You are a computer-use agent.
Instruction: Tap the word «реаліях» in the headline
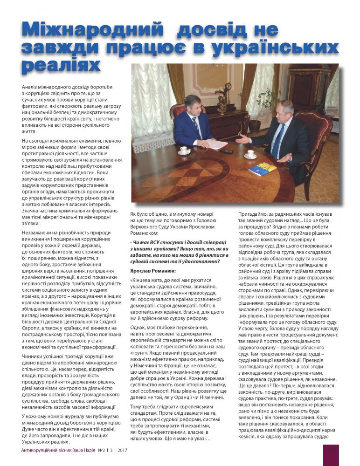(61, 66)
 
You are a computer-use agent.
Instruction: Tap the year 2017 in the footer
(123, 451)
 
